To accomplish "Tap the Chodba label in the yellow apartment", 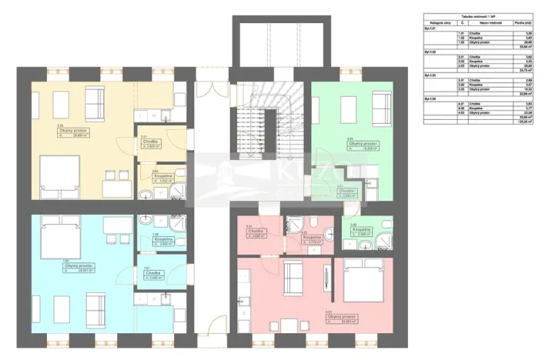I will click(x=150, y=142).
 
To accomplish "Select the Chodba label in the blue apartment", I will click(x=151, y=273).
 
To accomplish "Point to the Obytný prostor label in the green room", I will click(x=361, y=143).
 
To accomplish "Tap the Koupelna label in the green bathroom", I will click(x=362, y=231).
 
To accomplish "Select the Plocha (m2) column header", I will click(x=524, y=25).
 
